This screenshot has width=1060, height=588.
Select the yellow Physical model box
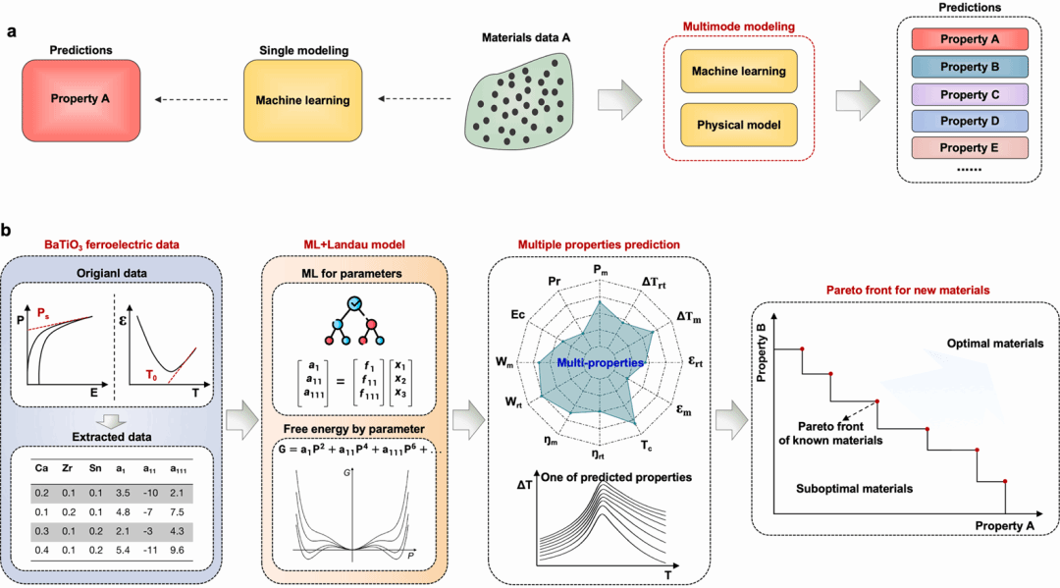(738, 126)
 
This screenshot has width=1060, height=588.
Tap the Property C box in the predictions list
(969, 94)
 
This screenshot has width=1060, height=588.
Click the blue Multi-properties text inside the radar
(600, 363)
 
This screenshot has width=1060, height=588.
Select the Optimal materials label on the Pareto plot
(994, 344)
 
